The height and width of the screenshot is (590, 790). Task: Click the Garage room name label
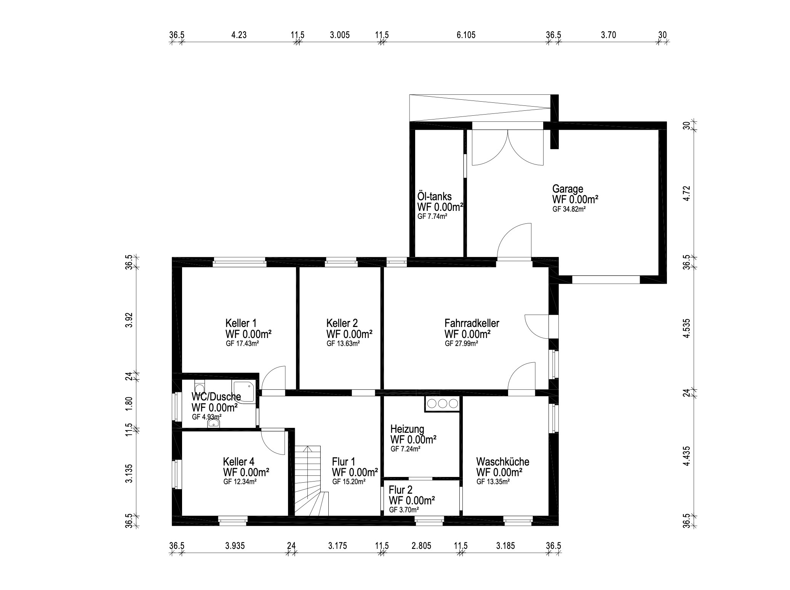tap(568, 189)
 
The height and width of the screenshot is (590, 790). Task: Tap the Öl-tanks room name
tap(435, 196)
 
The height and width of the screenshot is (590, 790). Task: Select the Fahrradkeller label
tap(472, 323)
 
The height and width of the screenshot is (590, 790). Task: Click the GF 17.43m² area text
tap(242, 343)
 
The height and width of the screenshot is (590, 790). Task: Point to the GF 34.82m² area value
tap(569, 209)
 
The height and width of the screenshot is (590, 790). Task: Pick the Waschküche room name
tap(502, 462)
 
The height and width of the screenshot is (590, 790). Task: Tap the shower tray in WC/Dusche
tap(244, 391)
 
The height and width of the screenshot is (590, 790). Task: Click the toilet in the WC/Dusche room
tap(200, 387)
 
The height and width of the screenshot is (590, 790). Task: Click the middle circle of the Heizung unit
tap(442, 403)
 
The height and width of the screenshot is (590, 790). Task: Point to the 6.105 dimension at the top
tap(466, 35)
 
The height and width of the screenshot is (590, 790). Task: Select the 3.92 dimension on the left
tap(130, 320)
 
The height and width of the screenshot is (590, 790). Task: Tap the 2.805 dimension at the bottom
tap(421, 546)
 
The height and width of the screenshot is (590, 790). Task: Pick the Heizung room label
tap(407, 429)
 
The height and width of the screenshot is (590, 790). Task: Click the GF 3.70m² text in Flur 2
tap(404, 510)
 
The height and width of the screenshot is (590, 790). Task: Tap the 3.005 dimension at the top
tap(339, 35)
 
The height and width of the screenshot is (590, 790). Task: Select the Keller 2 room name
tap(342, 323)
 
